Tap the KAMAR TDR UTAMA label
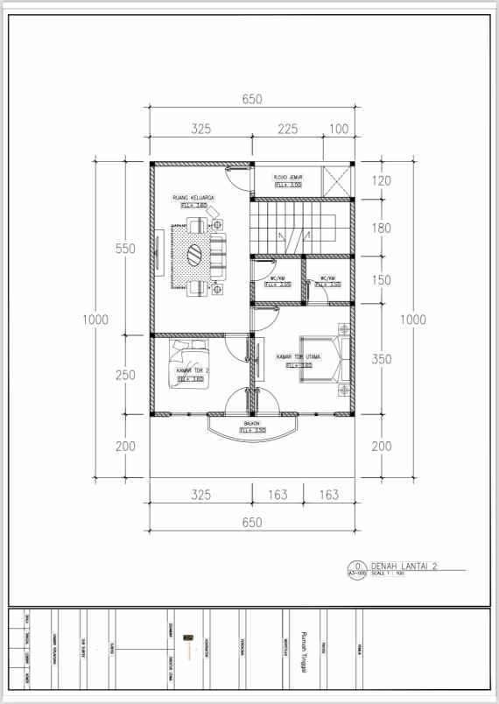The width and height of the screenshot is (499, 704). point(299,357)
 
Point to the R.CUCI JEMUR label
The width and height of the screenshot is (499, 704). point(288,178)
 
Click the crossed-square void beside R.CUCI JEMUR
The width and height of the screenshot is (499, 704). point(337,181)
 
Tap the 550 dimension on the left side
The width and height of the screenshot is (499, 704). point(125,249)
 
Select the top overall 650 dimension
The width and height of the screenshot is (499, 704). point(252,100)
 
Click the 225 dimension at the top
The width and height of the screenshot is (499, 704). point(288,130)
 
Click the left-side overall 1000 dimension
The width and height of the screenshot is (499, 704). point(95,320)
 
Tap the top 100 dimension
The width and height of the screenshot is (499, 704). point(339,130)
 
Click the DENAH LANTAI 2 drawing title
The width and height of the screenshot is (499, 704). point(402,566)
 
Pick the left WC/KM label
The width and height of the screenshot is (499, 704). point(278,279)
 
